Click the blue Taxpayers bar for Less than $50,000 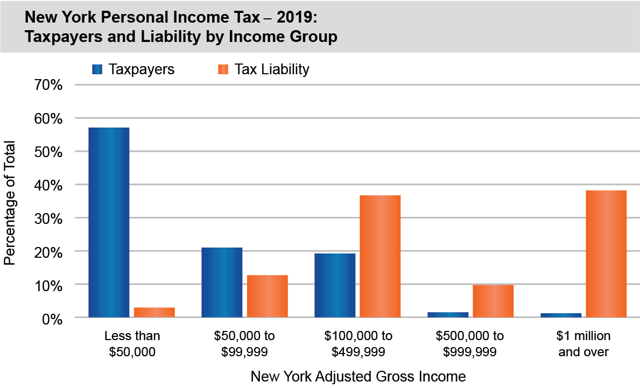click(109, 222)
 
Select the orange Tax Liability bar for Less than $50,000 click(154, 312)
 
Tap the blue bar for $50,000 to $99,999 click(222, 282)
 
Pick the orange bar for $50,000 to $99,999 click(268, 296)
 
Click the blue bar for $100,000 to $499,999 click(335, 285)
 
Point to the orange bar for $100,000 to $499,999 click(380, 256)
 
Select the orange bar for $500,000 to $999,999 click(493, 301)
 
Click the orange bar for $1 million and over click(606, 253)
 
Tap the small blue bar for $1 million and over click(561, 315)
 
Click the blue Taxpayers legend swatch click(97, 69)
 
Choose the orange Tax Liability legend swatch click(223, 69)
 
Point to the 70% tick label click(50, 85)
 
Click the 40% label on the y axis click(50, 185)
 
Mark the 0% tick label click(53, 319)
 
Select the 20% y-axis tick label click(50, 252)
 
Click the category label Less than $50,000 click(132, 344)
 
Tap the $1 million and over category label click(584, 344)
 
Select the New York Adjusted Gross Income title click(358, 376)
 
